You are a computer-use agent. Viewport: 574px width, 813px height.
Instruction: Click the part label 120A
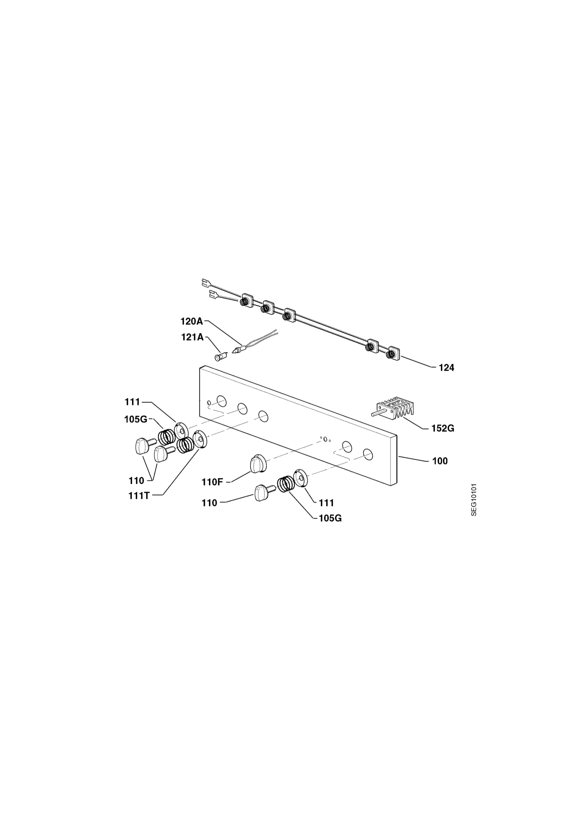[192, 321]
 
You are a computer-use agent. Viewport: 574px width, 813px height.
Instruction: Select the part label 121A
[192, 337]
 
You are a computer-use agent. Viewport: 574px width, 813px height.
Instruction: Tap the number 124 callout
[446, 368]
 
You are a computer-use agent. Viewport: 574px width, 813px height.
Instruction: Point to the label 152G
[443, 429]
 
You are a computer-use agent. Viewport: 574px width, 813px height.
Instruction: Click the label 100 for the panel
[440, 461]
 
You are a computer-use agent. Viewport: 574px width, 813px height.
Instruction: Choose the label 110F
[212, 482]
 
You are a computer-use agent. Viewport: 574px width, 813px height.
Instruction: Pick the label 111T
[140, 495]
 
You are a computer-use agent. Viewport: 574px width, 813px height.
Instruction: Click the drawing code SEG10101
[474, 500]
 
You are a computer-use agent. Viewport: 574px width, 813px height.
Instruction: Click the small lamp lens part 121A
[220, 356]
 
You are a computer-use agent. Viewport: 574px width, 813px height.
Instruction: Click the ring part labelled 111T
[200, 439]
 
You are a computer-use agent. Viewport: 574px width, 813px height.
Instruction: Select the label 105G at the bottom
[330, 518]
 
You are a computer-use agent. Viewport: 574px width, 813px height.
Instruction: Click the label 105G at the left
[135, 420]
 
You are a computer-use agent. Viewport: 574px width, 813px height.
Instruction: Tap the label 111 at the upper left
[132, 402]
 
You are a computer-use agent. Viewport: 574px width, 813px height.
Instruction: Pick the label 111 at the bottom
[326, 503]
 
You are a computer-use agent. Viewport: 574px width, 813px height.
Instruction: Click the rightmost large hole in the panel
[368, 454]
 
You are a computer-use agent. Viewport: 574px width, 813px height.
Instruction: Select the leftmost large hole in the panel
[221, 401]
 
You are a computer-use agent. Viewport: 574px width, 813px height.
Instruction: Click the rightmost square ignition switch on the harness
[394, 353]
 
